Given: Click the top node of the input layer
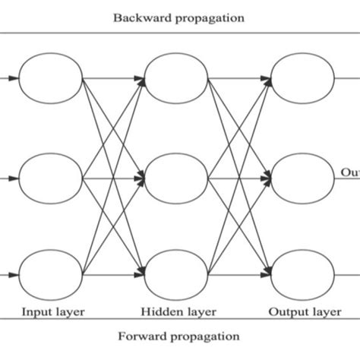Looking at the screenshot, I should click(50, 78).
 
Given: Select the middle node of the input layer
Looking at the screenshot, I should click(50, 178).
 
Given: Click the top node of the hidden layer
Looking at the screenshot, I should click(175, 78).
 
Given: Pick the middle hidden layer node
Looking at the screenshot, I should click(175, 178).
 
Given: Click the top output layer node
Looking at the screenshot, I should click(302, 78).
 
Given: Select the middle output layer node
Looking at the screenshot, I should click(302, 178).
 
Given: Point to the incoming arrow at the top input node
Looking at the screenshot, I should click(9, 78).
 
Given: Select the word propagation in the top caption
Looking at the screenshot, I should click(210, 16).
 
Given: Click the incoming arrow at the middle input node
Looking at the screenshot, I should click(9, 178).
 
